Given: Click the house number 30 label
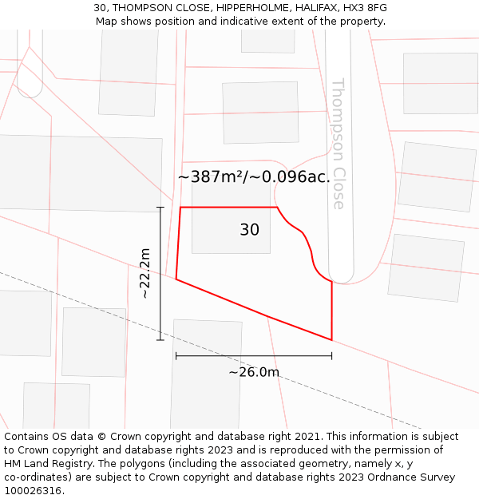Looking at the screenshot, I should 249,230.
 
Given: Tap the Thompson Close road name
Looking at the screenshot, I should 338,144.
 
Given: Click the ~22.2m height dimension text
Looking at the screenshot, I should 145,273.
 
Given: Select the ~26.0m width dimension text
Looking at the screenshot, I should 254,372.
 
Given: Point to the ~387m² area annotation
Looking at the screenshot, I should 254,176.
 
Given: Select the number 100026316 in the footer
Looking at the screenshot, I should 31,491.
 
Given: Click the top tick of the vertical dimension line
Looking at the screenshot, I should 160,208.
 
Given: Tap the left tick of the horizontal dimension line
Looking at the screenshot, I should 176,356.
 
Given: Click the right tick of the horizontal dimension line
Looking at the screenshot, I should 331,356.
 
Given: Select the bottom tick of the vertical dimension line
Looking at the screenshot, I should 160,339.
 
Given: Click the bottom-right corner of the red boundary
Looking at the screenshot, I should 331,339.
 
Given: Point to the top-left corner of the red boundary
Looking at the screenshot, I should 180,208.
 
